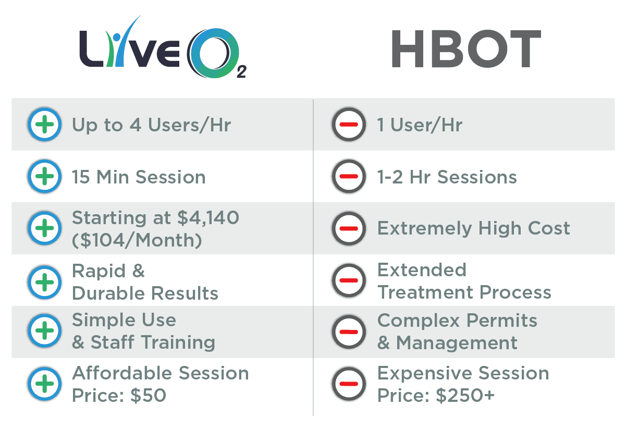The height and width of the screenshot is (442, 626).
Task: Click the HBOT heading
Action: pyautogui.click(x=466, y=49)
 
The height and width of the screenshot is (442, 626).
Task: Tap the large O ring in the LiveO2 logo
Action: pyautogui.click(x=195, y=53)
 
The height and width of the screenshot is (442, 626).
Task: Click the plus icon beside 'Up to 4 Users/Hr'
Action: pyautogui.click(x=44, y=125)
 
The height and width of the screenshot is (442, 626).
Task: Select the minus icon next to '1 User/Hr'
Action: pyautogui.click(x=349, y=125)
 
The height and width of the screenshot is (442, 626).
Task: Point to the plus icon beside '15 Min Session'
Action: pyautogui.click(x=44, y=176)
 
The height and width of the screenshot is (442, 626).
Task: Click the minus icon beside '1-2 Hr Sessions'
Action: pyautogui.click(x=349, y=176)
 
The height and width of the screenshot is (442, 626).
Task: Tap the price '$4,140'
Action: pyautogui.click(x=208, y=218)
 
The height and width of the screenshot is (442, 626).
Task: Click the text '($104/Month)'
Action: pyautogui.click(x=137, y=240)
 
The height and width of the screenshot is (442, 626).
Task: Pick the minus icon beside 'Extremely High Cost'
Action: pyautogui.click(x=349, y=228)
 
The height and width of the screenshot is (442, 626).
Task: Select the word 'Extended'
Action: pyautogui.click(x=422, y=270)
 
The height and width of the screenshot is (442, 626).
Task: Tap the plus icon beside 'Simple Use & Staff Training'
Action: pyautogui.click(x=44, y=330)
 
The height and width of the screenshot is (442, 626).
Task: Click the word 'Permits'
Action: pyautogui.click(x=502, y=320)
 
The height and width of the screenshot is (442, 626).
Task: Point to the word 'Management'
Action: pyautogui.click(x=457, y=343)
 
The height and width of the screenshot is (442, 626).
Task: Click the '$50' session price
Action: pyautogui.click(x=149, y=395)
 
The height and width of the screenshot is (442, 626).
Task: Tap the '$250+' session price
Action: pyautogui.click(x=465, y=395)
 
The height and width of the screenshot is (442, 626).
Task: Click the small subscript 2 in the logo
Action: pyautogui.click(x=241, y=71)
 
